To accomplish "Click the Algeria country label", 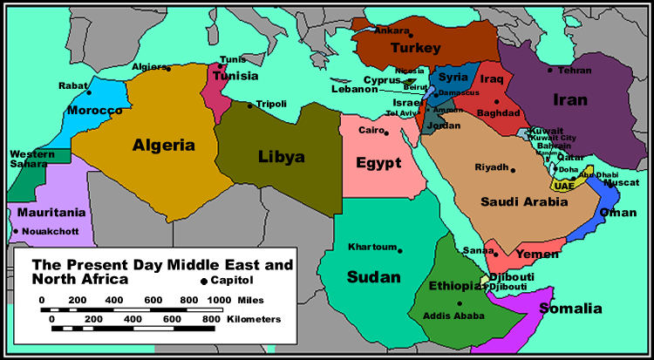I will (x=163, y=146).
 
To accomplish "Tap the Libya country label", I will (x=282, y=157).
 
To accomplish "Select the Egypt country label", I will (x=378, y=163).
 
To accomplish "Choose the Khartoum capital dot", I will (x=400, y=250).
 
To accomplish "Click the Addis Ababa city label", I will (x=451, y=316).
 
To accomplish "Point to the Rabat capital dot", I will (x=89, y=92).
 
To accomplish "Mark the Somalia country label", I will (x=570, y=309).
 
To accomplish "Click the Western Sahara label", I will (x=29, y=159).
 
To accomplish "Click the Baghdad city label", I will (x=499, y=113).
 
